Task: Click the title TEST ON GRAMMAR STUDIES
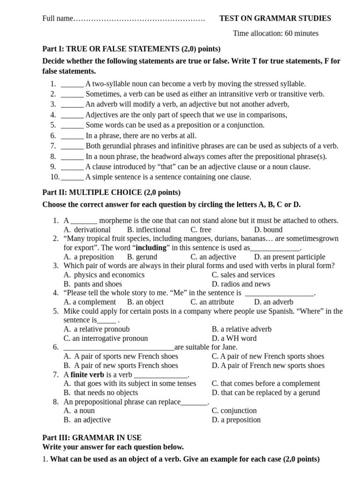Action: [275, 18]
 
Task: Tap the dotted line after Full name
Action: [139, 19]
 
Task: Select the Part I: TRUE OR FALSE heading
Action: [131, 49]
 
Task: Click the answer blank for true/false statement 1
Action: [72, 84]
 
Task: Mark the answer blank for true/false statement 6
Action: [72, 135]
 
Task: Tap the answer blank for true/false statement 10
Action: [72, 177]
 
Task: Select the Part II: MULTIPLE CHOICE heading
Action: [111, 192]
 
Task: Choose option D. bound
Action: [268, 230]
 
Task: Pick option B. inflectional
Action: [149, 230]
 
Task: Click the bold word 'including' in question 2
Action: [151, 247]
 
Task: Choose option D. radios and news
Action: [241, 284]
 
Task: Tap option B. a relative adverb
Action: [241, 329]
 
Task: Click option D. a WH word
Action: [234, 338]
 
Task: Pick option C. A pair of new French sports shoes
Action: [268, 356]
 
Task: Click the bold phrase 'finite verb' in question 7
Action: [87, 375]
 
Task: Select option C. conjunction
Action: [234, 411]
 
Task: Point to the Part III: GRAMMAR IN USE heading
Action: [92, 438]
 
